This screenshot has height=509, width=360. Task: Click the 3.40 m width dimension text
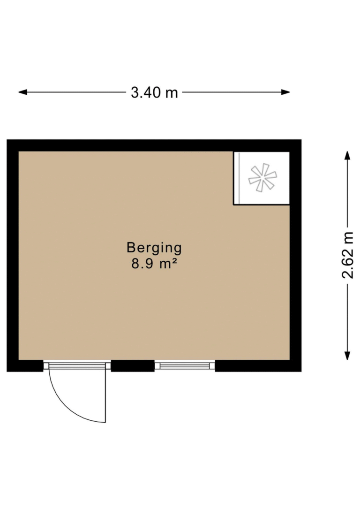point(154,92)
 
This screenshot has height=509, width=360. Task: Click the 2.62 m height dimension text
point(347,255)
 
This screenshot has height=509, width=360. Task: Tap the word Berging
point(154,248)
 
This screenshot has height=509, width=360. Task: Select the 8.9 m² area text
point(154,264)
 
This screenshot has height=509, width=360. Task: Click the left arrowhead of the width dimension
point(22,92)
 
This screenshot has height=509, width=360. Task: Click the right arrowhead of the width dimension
point(285,92)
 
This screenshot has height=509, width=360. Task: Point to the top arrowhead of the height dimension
point(347,155)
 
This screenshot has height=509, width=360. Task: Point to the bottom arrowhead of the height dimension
point(347,356)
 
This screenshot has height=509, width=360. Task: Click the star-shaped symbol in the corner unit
point(262,177)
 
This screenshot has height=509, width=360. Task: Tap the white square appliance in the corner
point(262,178)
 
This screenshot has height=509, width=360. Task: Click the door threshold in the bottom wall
point(77,366)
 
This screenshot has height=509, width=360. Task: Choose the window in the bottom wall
point(185,366)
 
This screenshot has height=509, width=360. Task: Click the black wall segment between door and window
point(133,366)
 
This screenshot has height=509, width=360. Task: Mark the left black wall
point(13,256)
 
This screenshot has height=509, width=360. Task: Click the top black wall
point(154,145)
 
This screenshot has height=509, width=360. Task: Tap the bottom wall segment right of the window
point(258,366)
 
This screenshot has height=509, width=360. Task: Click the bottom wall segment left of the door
point(25,366)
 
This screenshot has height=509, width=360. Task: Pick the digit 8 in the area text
point(135,264)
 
